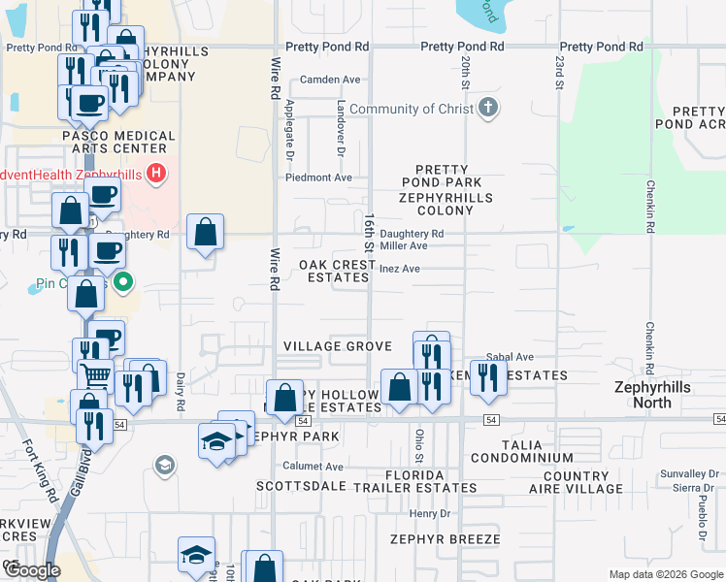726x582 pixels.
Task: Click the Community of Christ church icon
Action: click(x=488, y=109)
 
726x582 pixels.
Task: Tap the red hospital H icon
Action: click(x=157, y=174)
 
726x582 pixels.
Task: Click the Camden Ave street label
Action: click(x=330, y=80)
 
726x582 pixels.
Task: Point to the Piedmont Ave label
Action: click(x=318, y=178)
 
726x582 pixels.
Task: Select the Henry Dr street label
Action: click(x=430, y=513)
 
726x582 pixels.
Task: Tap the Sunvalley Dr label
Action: click(x=679, y=472)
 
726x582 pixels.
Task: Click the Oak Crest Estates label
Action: click(x=335, y=271)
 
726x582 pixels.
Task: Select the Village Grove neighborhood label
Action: click(x=337, y=346)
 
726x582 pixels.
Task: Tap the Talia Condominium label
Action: click(x=521, y=450)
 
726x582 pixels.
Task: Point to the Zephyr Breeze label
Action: click(x=445, y=538)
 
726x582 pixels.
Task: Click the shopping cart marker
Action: click(x=96, y=372)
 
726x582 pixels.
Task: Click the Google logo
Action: click(x=31, y=570)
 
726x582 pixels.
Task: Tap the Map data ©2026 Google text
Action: click(x=665, y=574)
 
